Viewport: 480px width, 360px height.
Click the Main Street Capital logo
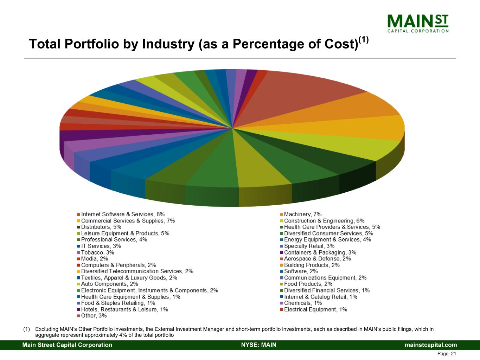(x=418, y=24)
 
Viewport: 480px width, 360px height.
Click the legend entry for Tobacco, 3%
(x=97, y=252)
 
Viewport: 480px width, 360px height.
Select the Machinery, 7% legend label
(x=302, y=214)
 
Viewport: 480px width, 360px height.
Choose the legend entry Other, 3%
(x=94, y=316)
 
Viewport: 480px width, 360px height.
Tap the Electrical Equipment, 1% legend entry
(x=315, y=309)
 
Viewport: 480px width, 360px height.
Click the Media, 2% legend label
(x=94, y=259)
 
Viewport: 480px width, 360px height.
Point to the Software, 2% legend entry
(x=301, y=271)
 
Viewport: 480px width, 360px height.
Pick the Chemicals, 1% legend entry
(x=303, y=303)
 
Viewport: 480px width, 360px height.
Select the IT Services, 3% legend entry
(x=101, y=246)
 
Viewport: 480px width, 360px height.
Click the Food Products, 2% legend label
(x=308, y=284)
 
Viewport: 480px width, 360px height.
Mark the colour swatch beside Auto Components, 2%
(x=78, y=284)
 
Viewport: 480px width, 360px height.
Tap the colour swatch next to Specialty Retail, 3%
(x=282, y=246)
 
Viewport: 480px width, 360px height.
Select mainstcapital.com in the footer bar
(x=431, y=345)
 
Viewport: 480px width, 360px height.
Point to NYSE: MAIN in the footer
(x=258, y=345)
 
